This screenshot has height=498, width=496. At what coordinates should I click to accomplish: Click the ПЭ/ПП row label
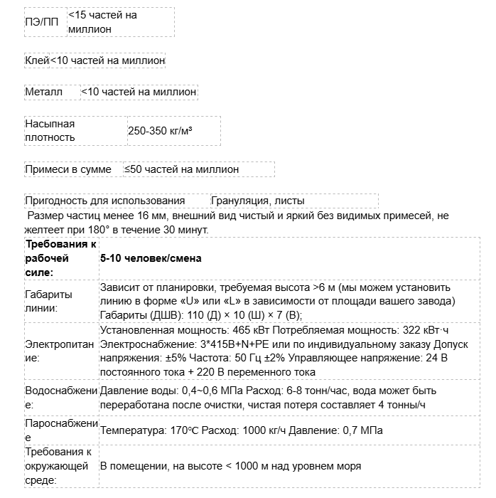pos(42,22)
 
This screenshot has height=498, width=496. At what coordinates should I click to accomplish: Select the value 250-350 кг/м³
pos(161,131)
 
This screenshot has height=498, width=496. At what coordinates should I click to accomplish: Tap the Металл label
pos(44,92)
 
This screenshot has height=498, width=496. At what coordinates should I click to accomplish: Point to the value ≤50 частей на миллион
pos(181,169)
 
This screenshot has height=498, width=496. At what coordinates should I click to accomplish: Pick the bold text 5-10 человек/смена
pos(151,258)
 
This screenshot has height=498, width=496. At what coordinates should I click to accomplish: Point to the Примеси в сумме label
pos(68,169)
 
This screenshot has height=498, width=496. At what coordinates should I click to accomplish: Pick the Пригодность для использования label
pos(104,201)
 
